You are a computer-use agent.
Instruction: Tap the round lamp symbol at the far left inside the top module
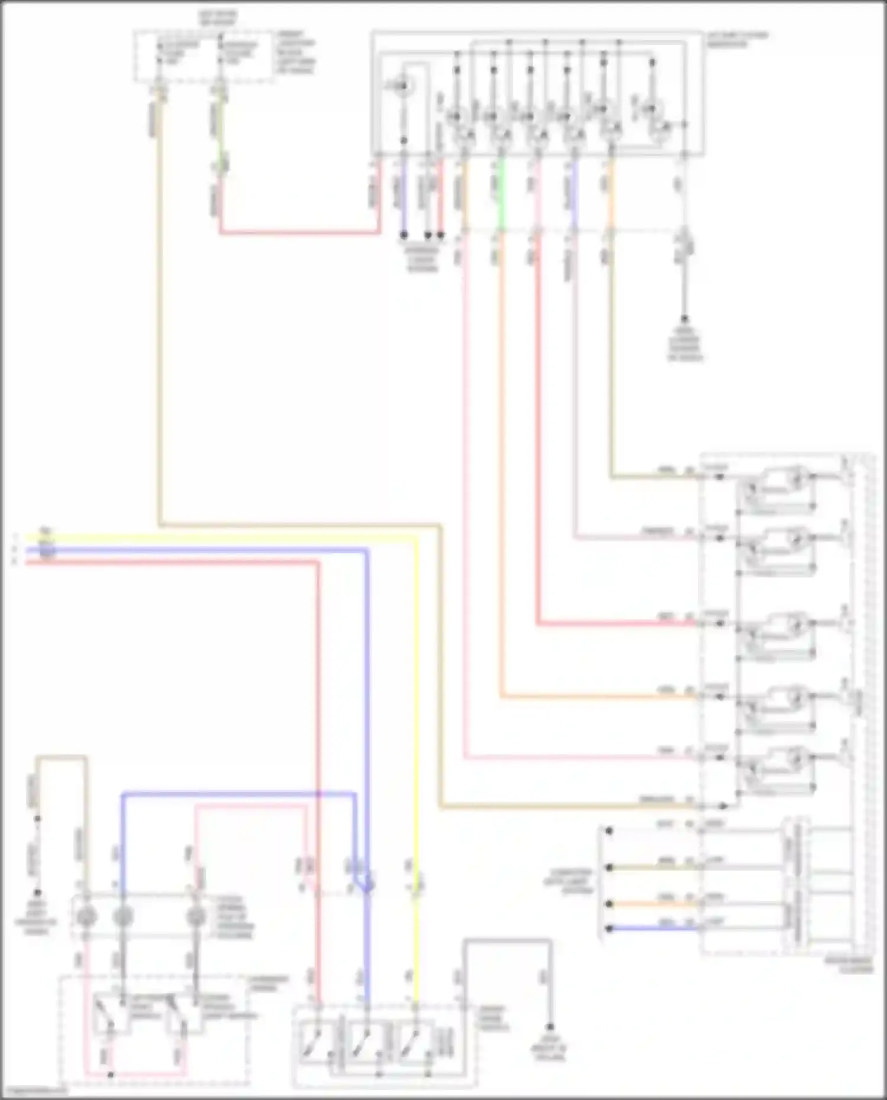[x=404, y=87]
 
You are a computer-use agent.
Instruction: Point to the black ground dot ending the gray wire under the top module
[x=685, y=319]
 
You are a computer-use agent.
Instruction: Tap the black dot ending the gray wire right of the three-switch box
[x=549, y=1027]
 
